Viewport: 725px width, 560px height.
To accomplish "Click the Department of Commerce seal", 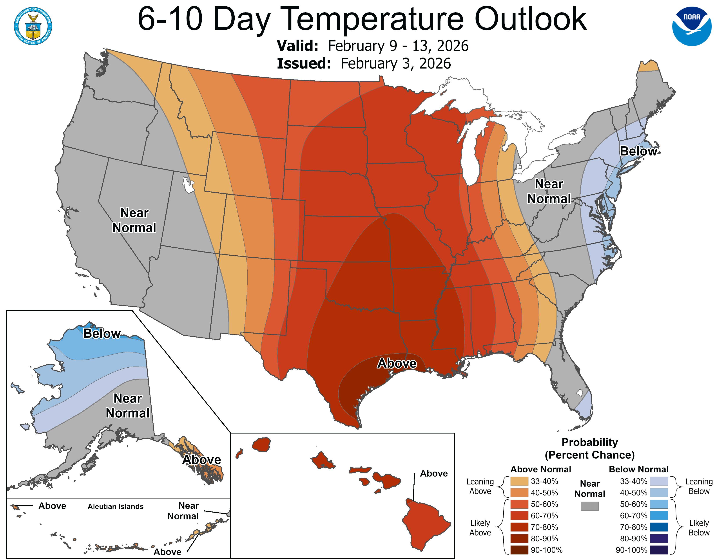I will (33, 26).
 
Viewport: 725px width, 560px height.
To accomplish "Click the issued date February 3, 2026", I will (395, 64).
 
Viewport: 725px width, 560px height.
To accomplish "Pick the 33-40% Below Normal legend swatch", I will (659, 481).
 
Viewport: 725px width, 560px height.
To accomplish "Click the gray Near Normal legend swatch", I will (590, 506).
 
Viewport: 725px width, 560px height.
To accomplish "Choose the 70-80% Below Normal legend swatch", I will (659, 527).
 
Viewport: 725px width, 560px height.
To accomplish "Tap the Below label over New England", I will (638, 151).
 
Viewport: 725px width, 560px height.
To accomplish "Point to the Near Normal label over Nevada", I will (134, 220).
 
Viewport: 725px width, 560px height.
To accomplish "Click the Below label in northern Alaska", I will (101, 333).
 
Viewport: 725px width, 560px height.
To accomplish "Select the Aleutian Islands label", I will (116, 506).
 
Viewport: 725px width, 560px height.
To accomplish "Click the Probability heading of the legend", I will (590, 442).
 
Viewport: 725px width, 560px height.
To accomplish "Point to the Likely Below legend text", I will (699, 527).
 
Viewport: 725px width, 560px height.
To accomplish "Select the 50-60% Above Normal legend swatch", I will (519, 504).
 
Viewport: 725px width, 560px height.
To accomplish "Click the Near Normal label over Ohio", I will (549, 191).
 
